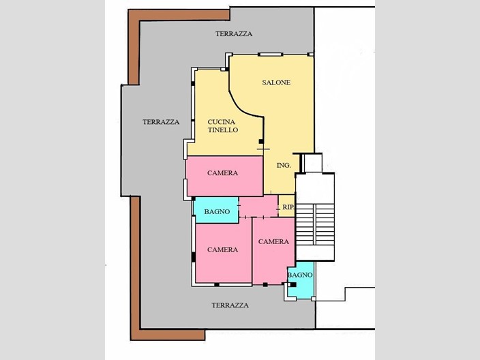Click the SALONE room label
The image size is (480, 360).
276,82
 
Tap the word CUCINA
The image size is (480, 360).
222,121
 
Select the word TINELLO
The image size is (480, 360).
223,130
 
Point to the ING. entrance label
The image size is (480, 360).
284,166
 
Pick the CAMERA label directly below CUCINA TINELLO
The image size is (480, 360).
223,173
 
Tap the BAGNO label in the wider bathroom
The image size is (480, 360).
217,212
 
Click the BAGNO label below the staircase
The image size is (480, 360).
300,275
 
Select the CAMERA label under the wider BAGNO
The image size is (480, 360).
223,250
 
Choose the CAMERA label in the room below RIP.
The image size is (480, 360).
273,241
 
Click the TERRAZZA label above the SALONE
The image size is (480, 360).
234,33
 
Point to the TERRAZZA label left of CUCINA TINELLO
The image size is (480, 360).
161,122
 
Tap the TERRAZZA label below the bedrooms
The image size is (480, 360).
230,305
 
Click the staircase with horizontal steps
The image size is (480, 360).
315,225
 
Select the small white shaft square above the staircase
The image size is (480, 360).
312,163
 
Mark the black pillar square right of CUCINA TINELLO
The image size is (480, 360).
260,142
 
